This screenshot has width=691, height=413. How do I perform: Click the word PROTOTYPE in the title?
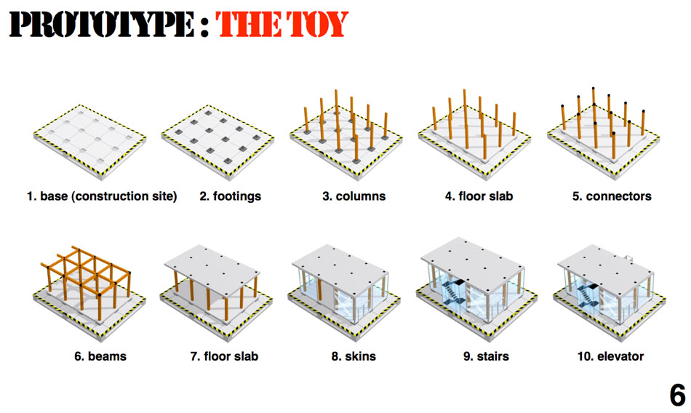click(101, 24)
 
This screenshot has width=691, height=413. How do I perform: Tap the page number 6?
click(677, 395)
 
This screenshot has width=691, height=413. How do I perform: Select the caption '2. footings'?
click(230, 196)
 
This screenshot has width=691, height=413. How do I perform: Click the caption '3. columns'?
click(354, 196)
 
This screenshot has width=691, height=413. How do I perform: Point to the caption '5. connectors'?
click(612, 196)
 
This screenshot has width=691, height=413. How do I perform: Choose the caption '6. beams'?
click(100, 356)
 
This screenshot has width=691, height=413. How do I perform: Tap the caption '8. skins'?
click(354, 356)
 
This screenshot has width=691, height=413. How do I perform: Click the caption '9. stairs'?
click(486, 356)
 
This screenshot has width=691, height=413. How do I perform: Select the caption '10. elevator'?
click(610, 356)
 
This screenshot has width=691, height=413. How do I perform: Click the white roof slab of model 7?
click(212, 267)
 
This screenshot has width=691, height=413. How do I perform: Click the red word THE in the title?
click(249, 24)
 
